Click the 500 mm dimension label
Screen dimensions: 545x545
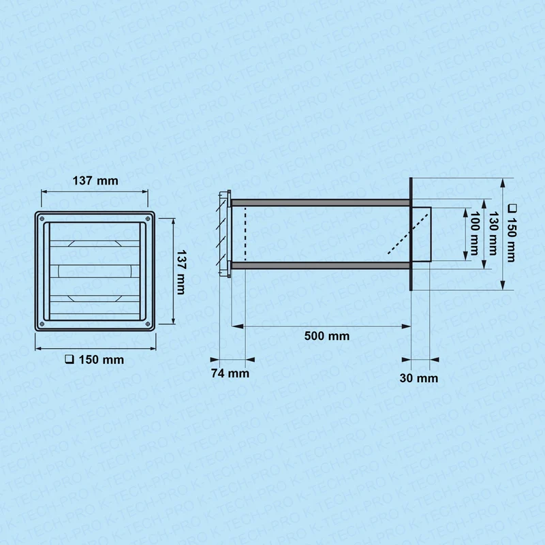tap(327, 336)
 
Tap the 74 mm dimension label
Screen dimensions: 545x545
tap(230, 373)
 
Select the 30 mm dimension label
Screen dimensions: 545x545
tap(419, 378)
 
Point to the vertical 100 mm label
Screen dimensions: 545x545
tap(474, 233)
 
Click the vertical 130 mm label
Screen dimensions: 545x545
tap(493, 233)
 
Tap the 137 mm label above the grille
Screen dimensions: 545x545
tap(95, 181)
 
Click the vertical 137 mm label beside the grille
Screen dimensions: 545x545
tap(181, 272)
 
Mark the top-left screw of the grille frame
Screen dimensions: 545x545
tap(42, 219)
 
